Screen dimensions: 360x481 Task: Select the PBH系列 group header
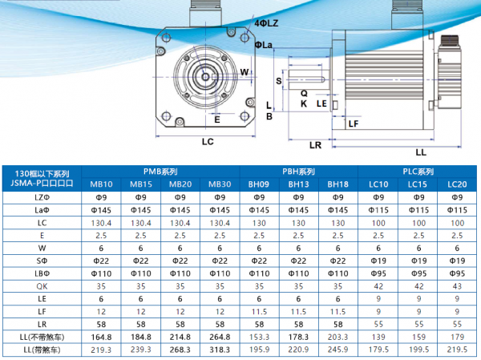tap(297, 172)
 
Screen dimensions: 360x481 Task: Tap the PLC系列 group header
tap(417, 172)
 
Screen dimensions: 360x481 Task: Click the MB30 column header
tap(219, 184)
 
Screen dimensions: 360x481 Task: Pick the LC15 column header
tap(417, 184)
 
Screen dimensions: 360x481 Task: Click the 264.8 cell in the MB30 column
tap(219, 337)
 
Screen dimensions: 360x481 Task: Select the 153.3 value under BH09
tap(258, 337)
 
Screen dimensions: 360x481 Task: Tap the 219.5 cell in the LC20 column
tap(456, 350)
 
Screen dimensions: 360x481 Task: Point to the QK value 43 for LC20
tap(456, 284)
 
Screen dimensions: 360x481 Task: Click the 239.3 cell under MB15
tap(141, 350)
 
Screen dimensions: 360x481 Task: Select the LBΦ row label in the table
tap(42, 273)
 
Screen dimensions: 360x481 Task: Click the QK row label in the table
tap(42, 284)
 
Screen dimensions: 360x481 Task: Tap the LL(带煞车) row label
tap(42, 350)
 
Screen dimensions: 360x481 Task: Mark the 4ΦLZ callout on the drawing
tap(266, 25)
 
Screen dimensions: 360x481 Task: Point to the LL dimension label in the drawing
tap(421, 152)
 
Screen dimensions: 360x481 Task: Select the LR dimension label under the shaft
tap(315, 145)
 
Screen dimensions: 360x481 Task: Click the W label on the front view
tap(245, 72)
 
